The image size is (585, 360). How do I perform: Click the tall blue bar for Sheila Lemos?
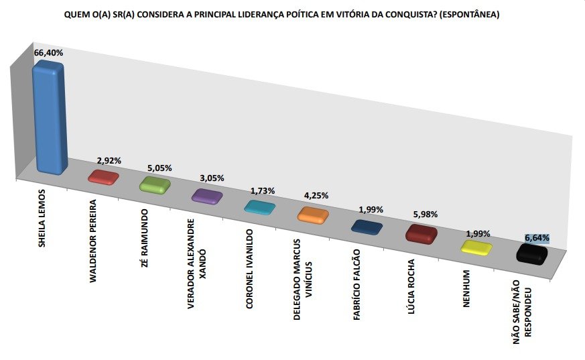tap(50, 117)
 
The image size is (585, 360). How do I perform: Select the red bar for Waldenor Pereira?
tap(104, 177)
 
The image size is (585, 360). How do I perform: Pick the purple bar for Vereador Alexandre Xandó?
tap(206, 195)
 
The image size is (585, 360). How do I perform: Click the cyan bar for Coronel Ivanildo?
tap(259, 206)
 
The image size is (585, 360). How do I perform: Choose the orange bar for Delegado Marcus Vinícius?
tap(312, 215)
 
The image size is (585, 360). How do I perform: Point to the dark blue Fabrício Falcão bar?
tap(367, 227)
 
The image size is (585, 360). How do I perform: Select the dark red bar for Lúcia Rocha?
tap(421, 234)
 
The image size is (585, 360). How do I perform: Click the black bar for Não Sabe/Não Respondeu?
tap(533, 254)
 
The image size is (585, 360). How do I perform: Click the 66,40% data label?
tap(48, 52)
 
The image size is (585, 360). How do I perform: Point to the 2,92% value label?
tap(108, 161)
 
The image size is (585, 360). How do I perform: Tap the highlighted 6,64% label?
tap(537, 238)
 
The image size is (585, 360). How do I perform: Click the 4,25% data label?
tap(316, 196)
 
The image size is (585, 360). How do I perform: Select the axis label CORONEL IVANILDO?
tap(249, 268)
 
